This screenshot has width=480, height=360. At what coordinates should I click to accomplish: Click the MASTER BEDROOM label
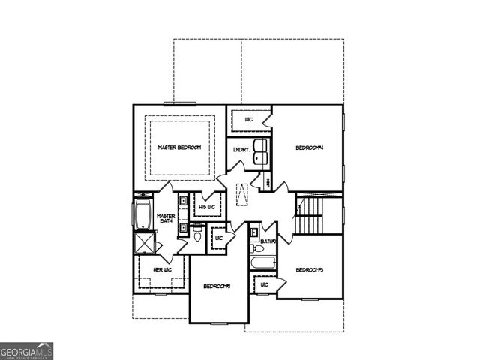click(178, 148)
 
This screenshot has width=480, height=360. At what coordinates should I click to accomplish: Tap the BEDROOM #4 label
click(308, 148)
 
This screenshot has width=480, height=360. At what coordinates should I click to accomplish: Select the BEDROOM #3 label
click(308, 270)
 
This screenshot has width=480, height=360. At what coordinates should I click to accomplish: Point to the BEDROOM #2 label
click(217, 286)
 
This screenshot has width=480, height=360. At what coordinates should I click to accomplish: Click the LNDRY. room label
click(241, 150)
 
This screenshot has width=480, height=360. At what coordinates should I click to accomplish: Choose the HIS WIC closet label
click(206, 206)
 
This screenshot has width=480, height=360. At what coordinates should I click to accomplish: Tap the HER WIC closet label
click(163, 269)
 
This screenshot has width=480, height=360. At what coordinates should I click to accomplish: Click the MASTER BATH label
click(166, 220)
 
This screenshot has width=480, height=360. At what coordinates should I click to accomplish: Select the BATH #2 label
click(268, 241)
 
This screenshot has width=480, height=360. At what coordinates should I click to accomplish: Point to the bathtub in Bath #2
click(262, 263)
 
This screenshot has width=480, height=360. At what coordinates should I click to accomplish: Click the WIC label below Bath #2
click(265, 284)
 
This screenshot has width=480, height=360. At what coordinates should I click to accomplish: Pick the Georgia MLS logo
click(27, 351)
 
